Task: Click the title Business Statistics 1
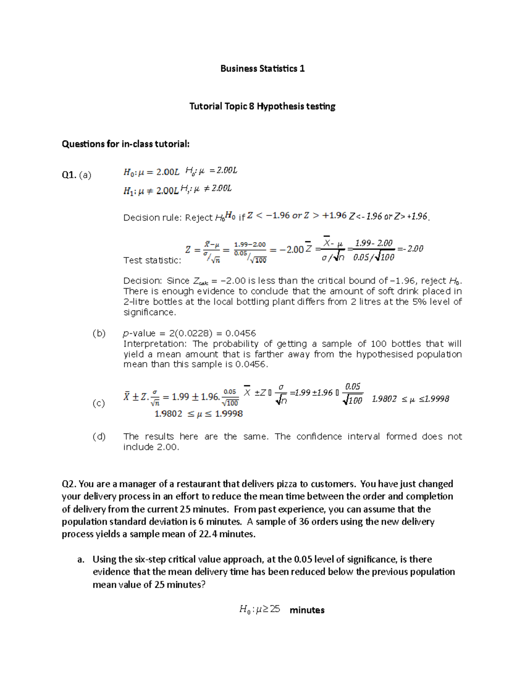tap(262, 68)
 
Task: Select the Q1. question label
tap(69, 175)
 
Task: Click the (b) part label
tap(99, 333)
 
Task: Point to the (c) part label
tap(99, 403)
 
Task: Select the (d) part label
tap(99, 437)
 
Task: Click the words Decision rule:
tap(152, 218)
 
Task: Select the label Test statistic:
tap(152, 261)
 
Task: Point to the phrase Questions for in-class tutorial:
tap(126, 144)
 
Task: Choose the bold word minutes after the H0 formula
tap(307, 610)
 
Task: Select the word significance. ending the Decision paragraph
tap(150, 312)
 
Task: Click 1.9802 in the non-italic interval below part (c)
tap(168, 414)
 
